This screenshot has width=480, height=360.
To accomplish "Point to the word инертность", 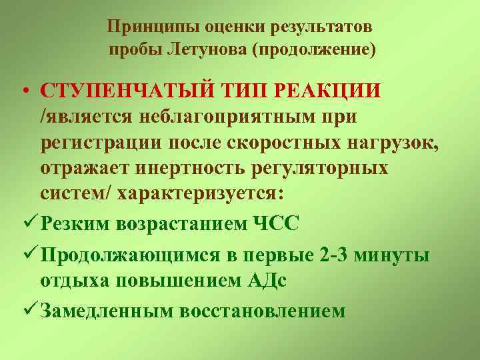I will [191, 167].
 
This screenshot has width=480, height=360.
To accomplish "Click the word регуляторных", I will [321, 167].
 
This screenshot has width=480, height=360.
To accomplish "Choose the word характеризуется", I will [195, 193].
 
